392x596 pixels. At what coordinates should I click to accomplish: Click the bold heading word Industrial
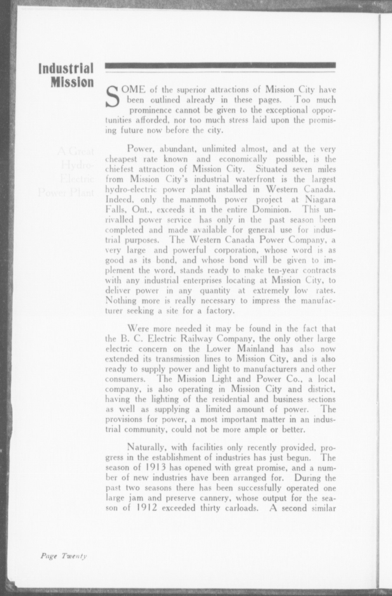pyautogui.click(x=66, y=69)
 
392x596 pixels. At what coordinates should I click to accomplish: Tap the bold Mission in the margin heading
pyautogui.click(x=72, y=82)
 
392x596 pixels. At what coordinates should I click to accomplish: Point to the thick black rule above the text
pyautogui.click(x=220, y=65)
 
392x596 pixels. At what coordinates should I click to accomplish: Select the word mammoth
pyautogui.click(x=198, y=200)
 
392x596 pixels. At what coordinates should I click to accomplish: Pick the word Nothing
pyautogui.click(x=121, y=301)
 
